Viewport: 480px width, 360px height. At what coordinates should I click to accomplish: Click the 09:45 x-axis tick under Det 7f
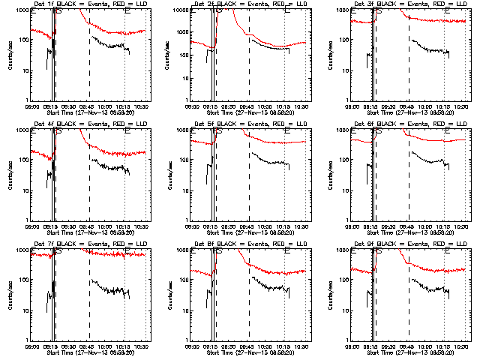89,346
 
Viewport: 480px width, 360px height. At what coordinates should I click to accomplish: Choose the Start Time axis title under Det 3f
409,112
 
